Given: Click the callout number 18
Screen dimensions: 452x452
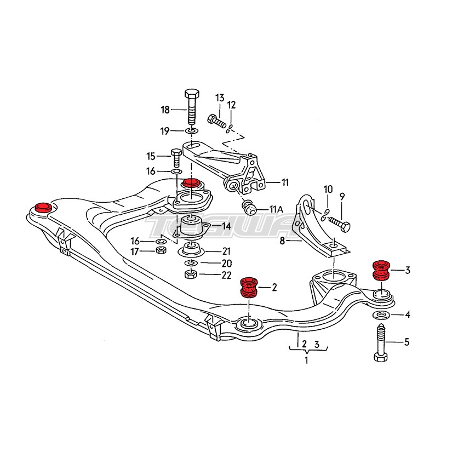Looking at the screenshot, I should (x=165, y=110).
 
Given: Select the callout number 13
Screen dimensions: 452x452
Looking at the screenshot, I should (x=220, y=98).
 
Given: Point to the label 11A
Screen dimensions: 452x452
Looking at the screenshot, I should (x=276, y=209).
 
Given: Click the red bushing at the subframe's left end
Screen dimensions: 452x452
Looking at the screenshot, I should (x=42, y=208).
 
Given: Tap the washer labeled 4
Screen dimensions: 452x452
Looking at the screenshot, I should (x=380, y=315).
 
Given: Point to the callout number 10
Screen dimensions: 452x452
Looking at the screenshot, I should (x=328, y=190).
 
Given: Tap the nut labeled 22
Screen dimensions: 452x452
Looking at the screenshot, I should (x=191, y=274).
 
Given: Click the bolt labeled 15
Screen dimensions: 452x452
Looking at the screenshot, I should (x=175, y=157).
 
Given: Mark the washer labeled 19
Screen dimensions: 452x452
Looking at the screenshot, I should (x=191, y=131).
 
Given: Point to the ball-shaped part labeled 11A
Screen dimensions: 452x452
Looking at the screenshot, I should (x=250, y=208).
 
